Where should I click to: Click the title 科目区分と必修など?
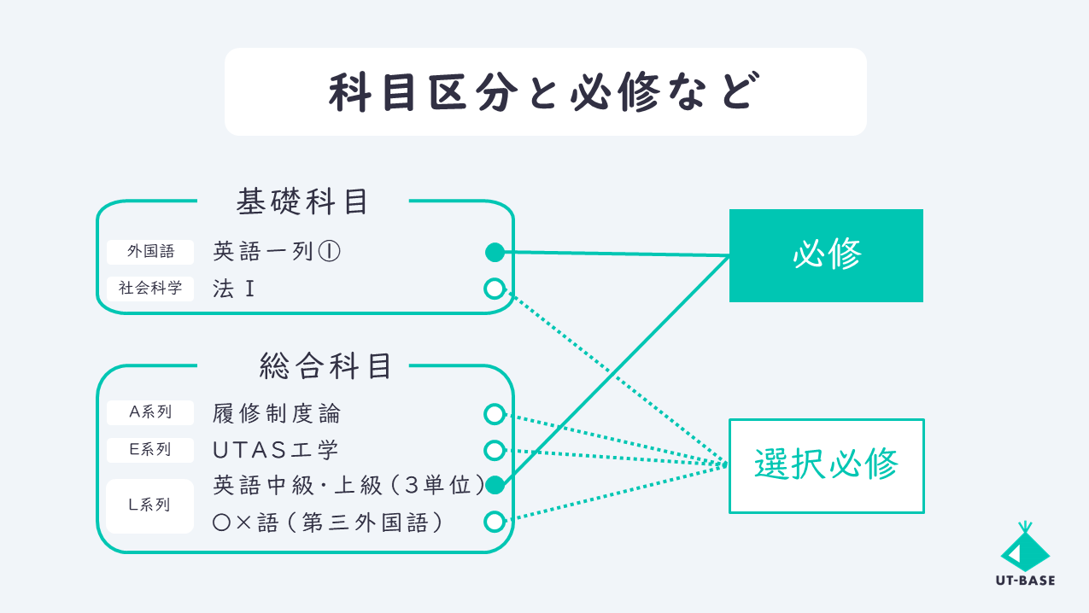click(x=544, y=92)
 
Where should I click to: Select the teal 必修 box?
click(x=826, y=255)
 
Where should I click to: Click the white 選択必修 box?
click(x=827, y=465)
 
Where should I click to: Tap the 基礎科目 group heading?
click(x=302, y=201)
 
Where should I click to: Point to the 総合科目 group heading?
click(x=325, y=366)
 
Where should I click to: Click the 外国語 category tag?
click(x=150, y=252)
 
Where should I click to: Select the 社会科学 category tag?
click(x=150, y=289)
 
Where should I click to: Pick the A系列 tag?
click(x=150, y=412)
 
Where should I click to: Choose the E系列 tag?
click(x=150, y=450)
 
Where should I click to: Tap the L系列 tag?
click(x=149, y=505)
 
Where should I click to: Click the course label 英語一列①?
click(x=277, y=252)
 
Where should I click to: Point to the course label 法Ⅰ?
click(x=234, y=289)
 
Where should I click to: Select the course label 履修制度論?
click(x=277, y=414)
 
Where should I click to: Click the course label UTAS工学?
click(x=276, y=450)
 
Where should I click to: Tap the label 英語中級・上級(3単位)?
click(x=349, y=485)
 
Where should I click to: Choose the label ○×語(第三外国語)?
click(x=328, y=523)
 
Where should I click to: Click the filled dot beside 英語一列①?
click(x=495, y=253)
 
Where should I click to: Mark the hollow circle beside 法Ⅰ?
click(x=495, y=289)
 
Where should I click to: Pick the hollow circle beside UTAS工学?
click(x=495, y=450)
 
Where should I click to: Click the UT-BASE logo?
click(x=1025, y=554)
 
